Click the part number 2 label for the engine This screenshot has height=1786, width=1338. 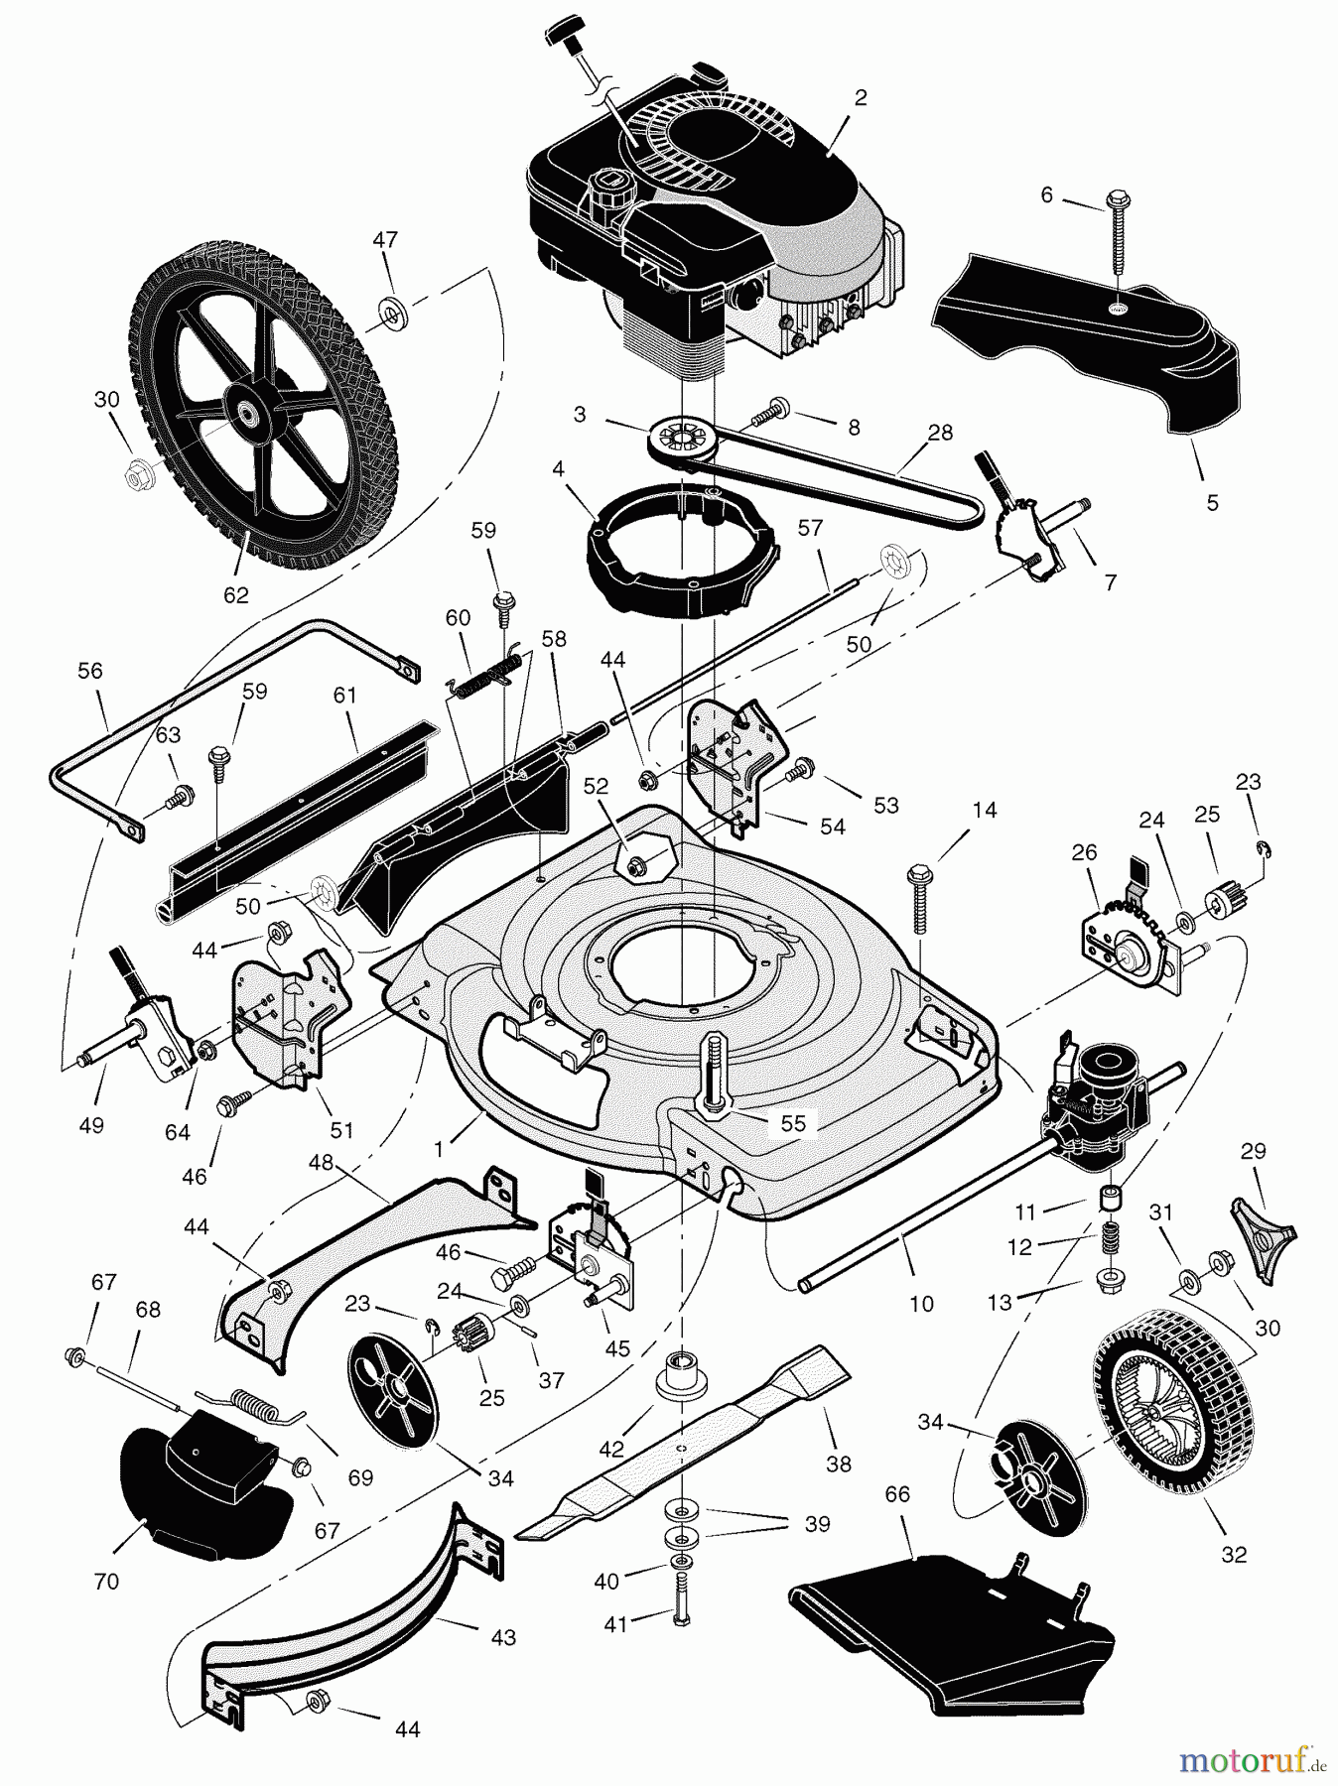click(861, 97)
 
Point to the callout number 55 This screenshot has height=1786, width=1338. click(793, 1122)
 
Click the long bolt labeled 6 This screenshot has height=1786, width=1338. click(1118, 238)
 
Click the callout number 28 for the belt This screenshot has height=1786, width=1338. click(939, 433)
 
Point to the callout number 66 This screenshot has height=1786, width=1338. click(897, 1494)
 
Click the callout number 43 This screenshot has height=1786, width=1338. click(503, 1636)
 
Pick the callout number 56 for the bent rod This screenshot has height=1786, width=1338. click(89, 671)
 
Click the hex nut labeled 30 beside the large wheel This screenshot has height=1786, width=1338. click(136, 476)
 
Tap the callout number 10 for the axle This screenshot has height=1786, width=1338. click(921, 1303)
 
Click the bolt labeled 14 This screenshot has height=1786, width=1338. click(918, 899)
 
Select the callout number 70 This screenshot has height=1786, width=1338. click(106, 1581)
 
